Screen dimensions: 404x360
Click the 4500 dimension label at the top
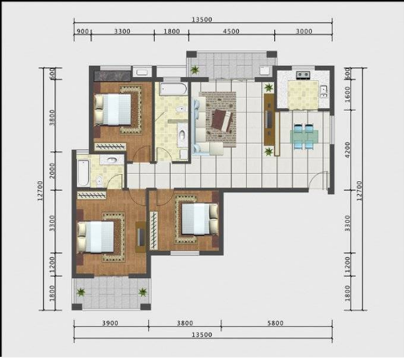coord(231,31)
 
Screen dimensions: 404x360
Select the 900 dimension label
coord(83,31)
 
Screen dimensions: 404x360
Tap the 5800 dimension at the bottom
coord(275,323)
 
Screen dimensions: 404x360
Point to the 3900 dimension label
coord(110,323)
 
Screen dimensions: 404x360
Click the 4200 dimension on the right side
coord(347,150)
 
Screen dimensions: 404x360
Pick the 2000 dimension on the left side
coord(53,171)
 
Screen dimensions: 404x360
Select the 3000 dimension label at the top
coord(304,31)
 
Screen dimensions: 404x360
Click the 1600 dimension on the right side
coord(347,94)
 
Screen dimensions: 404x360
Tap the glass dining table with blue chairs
coord(304,136)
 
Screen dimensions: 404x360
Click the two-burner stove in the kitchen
coord(303,75)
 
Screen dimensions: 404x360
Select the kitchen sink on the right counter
coord(324,91)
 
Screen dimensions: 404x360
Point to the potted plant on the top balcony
coord(195,70)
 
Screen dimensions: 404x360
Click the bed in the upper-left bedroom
coord(113,110)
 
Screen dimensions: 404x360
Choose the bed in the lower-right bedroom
coord(200,219)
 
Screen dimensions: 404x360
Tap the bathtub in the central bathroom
coord(173,89)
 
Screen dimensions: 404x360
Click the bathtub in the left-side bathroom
coord(83,173)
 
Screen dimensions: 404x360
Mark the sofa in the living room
coord(204,127)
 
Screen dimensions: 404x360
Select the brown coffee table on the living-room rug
coord(221,120)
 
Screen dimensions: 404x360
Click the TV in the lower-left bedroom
coord(141,237)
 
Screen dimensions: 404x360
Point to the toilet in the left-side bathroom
coord(99,180)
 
